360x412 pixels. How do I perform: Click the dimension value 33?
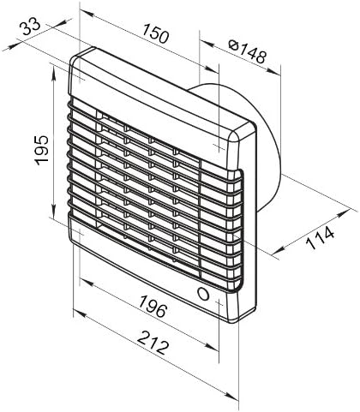pyautogui.click(x=30, y=27)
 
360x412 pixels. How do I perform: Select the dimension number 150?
pyautogui.click(x=156, y=33)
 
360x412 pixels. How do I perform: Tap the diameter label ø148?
pyautogui.click(x=248, y=51)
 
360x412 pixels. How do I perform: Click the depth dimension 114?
pyautogui.click(x=320, y=237)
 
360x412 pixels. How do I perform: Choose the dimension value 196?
pyautogui.click(x=153, y=307)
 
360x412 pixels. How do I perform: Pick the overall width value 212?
pyautogui.click(x=152, y=343)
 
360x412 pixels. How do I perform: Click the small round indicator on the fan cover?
pyautogui.click(x=203, y=294)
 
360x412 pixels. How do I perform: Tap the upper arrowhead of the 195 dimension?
pyautogui.click(x=54, y=71)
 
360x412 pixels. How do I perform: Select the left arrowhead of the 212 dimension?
pyautogui.click(x=80, y=314)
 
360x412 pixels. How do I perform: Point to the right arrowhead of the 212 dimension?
pyautogui.click(x=232, y=396)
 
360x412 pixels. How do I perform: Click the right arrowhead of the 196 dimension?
pyautogui.click(x=213, y=347)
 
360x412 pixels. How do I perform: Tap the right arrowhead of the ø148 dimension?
pyautogui.click(x=274, y=71)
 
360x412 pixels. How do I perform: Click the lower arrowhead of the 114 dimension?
pyautogui.click(x=279, y=251)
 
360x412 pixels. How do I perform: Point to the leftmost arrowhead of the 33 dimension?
pyautogui.click(x=9, y=46)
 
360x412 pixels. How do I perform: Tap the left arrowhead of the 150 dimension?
pyautogui.click(x=87, y=13)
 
